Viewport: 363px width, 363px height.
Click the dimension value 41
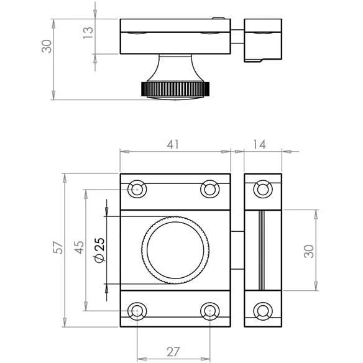pos(173,144)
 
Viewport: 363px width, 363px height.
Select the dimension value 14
pos(259,144)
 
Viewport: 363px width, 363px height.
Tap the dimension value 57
pos(58,247)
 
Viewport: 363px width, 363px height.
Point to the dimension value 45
pos(79,247)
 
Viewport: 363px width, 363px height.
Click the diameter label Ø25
pos(100,250)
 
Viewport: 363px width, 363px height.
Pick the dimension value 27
pos(173,352)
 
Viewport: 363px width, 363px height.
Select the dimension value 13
pos(88,33)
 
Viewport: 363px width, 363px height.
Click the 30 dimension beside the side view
pos(47,46)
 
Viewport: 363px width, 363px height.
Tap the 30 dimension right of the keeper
pos(309,251)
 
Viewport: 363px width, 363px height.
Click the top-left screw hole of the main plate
pos(137,189)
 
